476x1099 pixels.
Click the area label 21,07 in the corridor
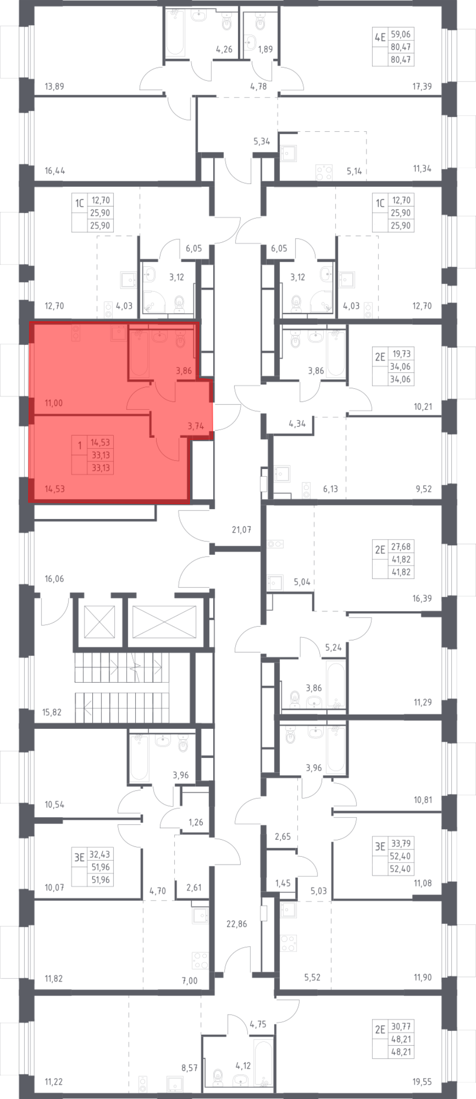coord(241,529)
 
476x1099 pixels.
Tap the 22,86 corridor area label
coord(237,924)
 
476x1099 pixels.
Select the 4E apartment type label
coord(380,38)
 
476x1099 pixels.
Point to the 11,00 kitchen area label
coord(54,403)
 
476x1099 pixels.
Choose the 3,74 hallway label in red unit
coord(196,426)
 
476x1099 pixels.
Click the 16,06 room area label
coord(54,579)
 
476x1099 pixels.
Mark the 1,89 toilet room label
coord(265,49)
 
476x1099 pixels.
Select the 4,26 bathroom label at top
coord(224,49)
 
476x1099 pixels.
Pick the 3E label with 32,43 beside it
coord(79,857)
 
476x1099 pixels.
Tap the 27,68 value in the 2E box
coord(401,547)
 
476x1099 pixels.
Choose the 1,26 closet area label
coord(196,822)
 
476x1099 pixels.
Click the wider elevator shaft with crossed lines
coord(164,622)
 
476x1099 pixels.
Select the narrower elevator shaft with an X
coord(99,622)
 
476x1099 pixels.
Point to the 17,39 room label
coord(422,87)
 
